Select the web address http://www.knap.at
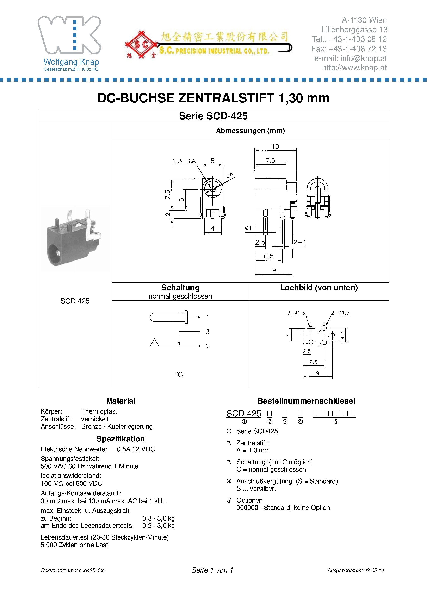[354, 68]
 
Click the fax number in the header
[349, 49]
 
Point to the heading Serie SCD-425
[213, 116]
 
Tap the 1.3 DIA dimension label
[184, 161]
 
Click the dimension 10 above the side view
[275, 146]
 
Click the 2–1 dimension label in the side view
[300, 242]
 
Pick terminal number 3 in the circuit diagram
[208, 332]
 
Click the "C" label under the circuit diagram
[180, 374]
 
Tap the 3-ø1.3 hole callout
[296, 313]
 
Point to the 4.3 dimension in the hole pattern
[342, 335]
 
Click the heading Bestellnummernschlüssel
[306, 401]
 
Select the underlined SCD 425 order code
[243, 414]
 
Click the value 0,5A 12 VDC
[136, 449]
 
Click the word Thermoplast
[99, 411]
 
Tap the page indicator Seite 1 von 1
[212, 570]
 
